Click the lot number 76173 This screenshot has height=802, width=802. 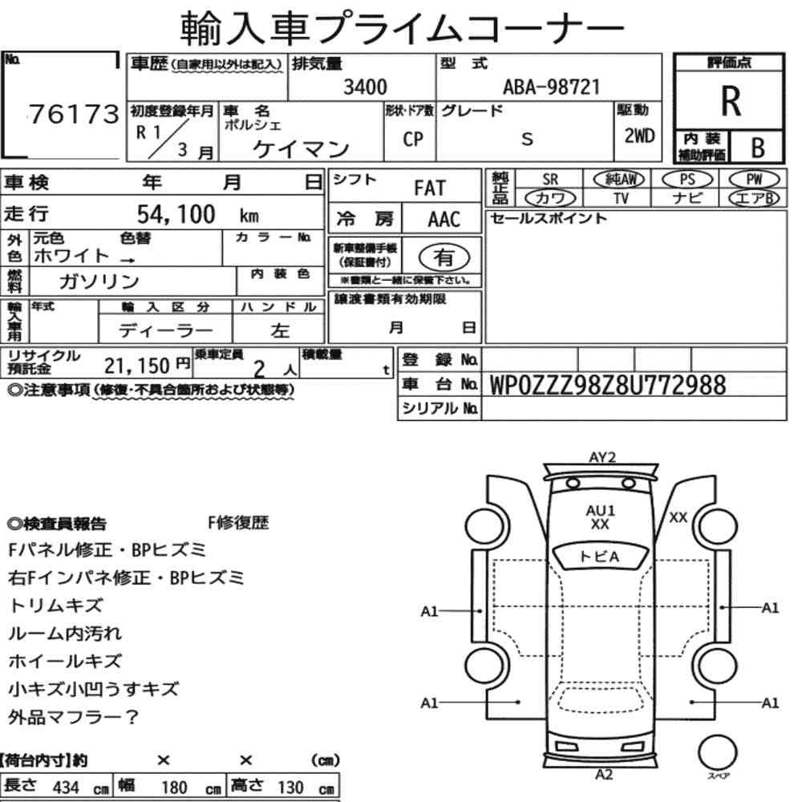74,114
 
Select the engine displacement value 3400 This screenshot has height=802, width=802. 365,87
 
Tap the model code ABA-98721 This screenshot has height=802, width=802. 552,87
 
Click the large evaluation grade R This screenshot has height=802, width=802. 731,101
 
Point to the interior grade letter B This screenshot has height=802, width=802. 758,148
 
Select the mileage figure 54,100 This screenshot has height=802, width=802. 176,214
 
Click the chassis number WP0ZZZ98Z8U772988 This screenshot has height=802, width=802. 608,385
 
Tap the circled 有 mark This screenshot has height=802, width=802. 444,257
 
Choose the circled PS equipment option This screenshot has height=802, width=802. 687,180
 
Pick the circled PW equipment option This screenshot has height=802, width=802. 754,180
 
